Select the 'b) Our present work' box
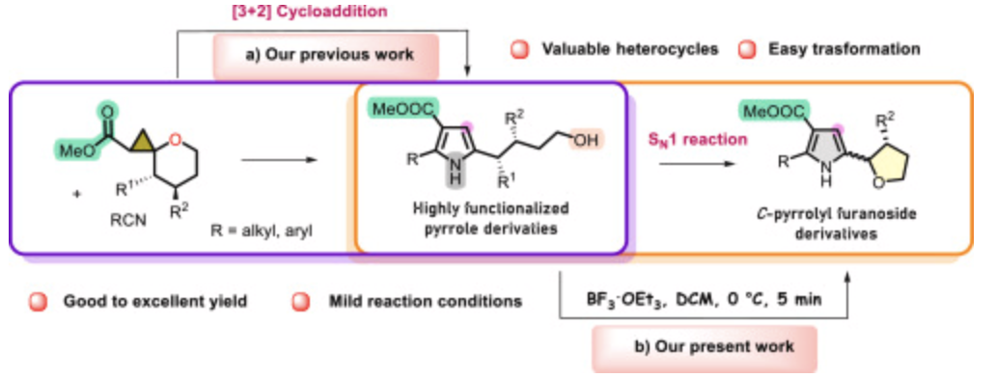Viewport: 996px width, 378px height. (x=704, y=344)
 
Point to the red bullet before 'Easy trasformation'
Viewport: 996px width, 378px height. (x=743, y=48)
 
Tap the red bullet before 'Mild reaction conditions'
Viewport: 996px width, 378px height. (x=300, y=301)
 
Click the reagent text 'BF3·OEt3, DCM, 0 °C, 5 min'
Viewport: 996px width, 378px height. (x=705, y=301)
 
